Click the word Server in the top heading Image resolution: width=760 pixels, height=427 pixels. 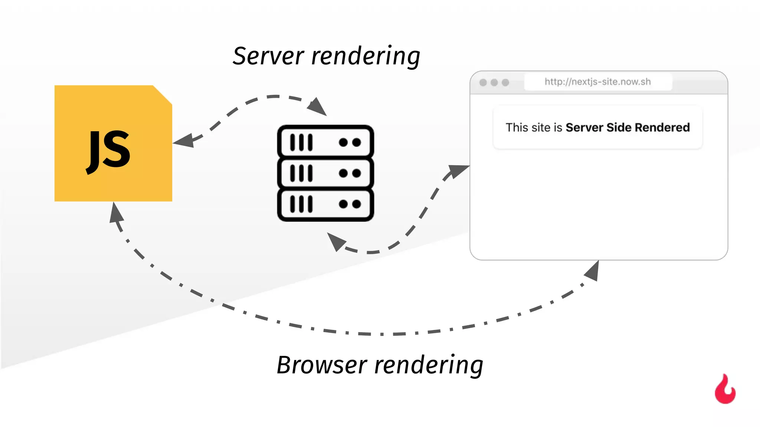268,56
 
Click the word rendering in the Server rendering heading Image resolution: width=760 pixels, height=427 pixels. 366,56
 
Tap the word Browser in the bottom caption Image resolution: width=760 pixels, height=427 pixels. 322,365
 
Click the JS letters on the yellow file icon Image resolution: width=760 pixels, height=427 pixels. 108,150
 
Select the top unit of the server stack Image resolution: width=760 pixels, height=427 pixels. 325,142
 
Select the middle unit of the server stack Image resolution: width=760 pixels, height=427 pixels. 325,173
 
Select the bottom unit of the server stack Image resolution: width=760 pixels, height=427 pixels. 325,204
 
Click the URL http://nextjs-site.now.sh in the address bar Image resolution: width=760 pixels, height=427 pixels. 597,82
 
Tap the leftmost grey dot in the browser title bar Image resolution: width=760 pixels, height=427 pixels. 483,82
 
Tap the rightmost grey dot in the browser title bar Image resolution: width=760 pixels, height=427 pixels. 505,82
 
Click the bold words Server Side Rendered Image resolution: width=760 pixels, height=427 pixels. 627,128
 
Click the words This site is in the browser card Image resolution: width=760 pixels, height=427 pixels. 534,128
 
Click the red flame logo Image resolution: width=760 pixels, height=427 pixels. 725,390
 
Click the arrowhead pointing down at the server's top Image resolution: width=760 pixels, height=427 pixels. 317,106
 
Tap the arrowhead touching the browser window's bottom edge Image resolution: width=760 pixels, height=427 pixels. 593,271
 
